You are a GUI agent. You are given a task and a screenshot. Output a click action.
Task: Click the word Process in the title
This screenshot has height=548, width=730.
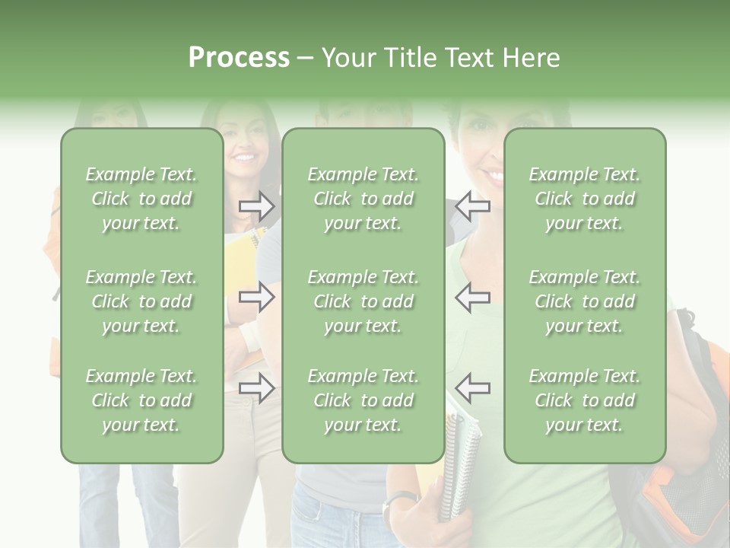coord(239,58)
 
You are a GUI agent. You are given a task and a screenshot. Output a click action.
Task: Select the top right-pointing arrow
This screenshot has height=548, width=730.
coord(256,205)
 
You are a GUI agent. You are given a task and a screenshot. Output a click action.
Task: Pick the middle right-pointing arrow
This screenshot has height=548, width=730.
coord(256,297)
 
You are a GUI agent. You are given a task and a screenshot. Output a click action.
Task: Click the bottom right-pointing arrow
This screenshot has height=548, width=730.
coord(256,388)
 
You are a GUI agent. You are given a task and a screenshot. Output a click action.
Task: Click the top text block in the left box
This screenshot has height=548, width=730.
coord(141,199)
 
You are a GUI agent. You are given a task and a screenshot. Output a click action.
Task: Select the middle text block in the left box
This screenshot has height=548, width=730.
coord(141,301)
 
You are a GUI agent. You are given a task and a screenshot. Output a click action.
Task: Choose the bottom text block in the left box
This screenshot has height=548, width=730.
coord(141,400)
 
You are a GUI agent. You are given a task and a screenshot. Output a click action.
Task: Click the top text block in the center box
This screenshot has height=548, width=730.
coord(363,199)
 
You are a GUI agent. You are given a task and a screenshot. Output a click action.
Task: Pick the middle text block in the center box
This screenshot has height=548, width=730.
coord(363,301)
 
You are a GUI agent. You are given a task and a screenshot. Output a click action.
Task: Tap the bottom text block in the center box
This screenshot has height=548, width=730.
coord(363,400)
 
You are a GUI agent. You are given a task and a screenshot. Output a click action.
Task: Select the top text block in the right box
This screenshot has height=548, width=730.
coord(585,199)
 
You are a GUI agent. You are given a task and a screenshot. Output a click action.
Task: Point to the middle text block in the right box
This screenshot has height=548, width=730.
coord(585,301)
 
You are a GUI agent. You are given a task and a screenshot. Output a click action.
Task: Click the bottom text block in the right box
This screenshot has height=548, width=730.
coord(585,400)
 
